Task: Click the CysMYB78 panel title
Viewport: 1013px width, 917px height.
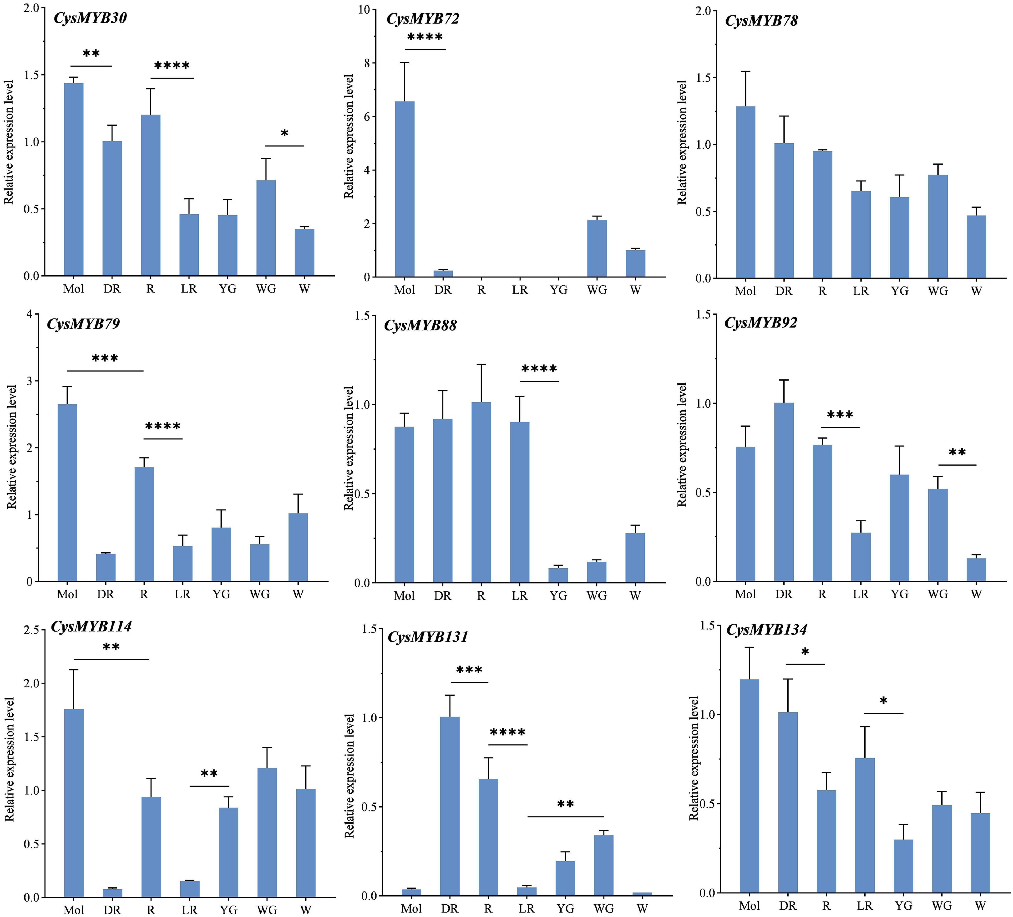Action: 761,21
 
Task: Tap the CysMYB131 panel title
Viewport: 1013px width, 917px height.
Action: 428,637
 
